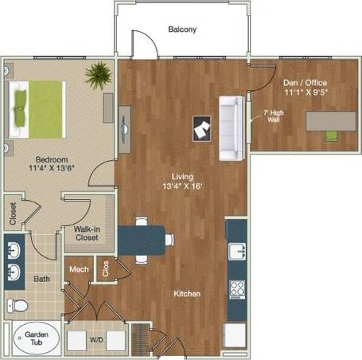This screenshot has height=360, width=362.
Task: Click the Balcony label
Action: pos(182,29)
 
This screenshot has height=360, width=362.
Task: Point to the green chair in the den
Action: pos(331,135)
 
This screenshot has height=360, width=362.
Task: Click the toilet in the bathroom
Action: pos(19,305)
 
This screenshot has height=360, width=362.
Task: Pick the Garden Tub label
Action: pos(33,339)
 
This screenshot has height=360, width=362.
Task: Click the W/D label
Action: pos(96,340)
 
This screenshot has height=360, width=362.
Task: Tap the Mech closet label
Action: pos(79,269)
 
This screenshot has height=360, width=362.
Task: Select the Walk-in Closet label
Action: pos(86,233)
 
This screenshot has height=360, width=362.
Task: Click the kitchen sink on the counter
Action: pos(236,253)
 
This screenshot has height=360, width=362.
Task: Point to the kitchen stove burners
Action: pos(236,288)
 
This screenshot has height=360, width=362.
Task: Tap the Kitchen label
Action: pos(187,294)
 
